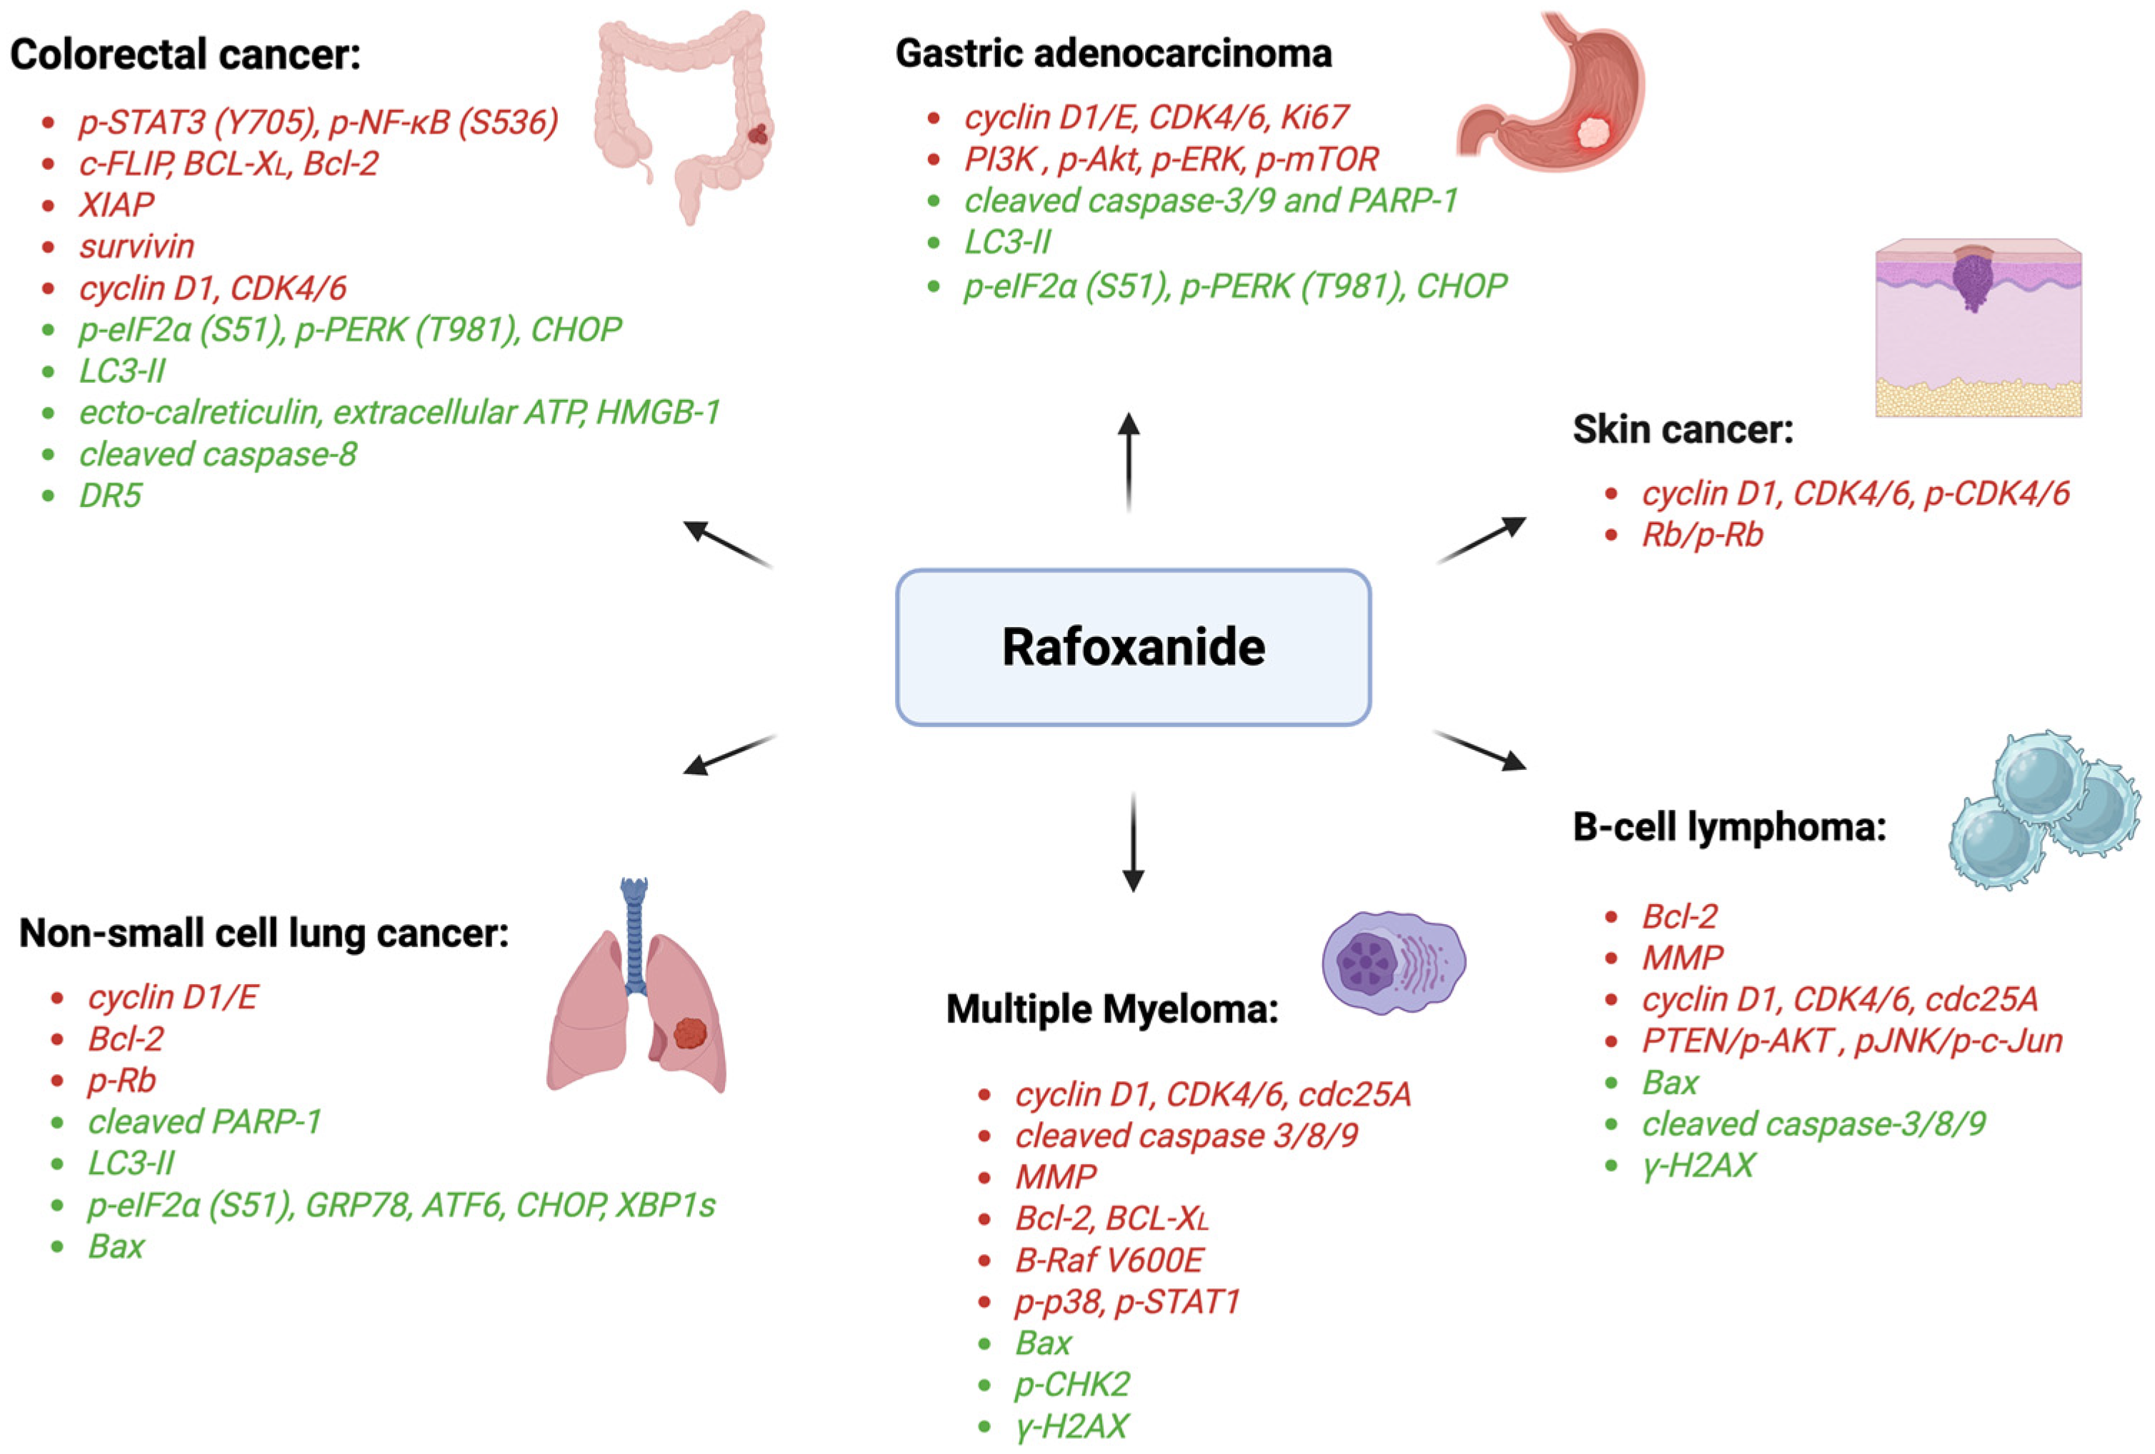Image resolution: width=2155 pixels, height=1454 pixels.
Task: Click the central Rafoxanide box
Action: click(x=1132, y=646)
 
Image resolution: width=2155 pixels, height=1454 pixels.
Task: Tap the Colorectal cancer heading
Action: click(x=186, y=54)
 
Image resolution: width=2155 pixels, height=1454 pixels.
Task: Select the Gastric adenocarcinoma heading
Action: click(x=1113, y=53)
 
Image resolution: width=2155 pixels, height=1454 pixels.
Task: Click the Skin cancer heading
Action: click(x=1682, y=429)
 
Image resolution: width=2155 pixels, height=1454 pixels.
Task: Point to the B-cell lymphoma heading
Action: click(x=1729, y=826)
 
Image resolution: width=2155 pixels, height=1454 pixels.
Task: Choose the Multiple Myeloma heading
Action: click(x=1112, y=1008)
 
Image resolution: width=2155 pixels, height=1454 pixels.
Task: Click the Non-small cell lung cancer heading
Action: click(x=264, y=933)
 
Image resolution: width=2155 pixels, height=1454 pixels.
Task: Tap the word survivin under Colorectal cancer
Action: click(x=136, y=246)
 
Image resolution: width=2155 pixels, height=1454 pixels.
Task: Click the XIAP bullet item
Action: click(x=116, y=205)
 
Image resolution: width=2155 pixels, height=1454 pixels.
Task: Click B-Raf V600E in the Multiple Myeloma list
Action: click(x=1109, y=1260)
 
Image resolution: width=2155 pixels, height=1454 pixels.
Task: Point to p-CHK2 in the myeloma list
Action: click(x=1072, y=1385)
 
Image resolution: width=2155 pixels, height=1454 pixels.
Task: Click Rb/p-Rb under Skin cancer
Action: click(x=1701, y=535)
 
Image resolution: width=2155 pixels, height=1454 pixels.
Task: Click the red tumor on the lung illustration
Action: click(x=690, y=1033)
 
